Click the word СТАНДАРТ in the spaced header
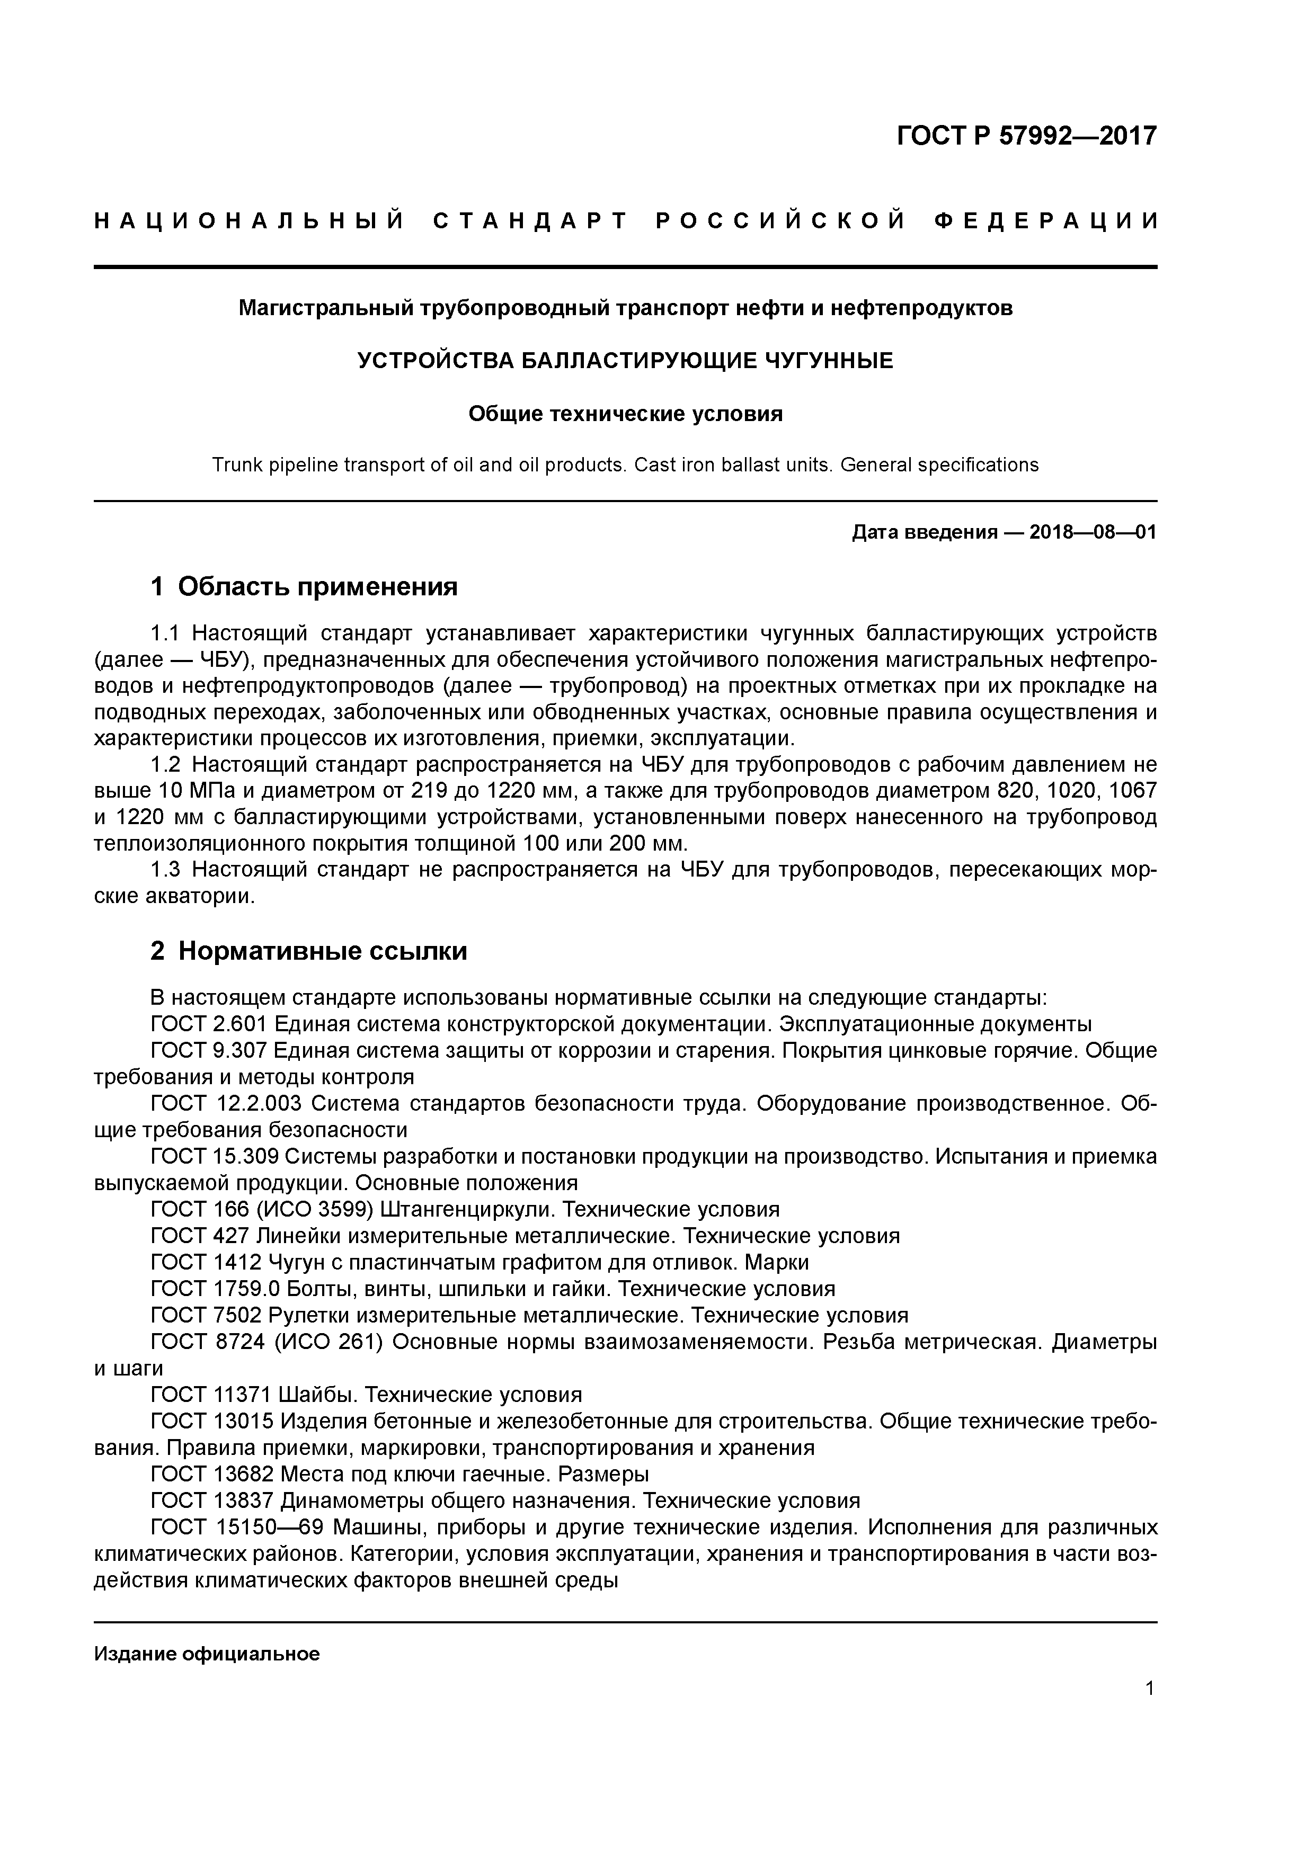pos(530,221)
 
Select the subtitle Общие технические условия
pos(625,414)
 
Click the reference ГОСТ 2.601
pos(209,1024)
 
